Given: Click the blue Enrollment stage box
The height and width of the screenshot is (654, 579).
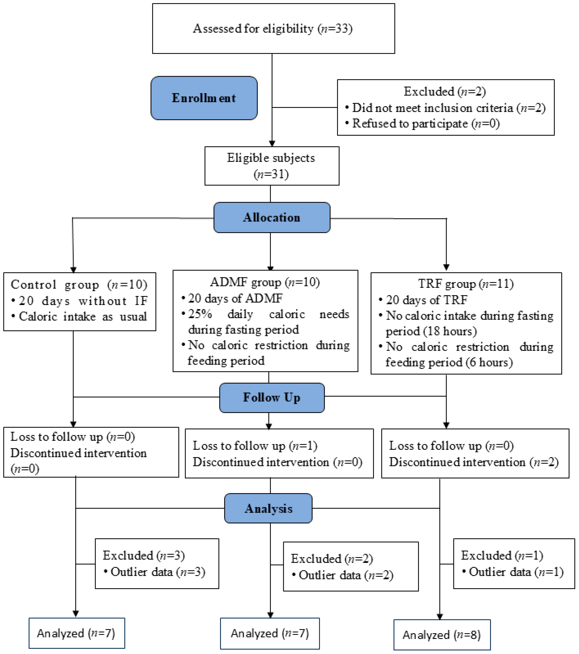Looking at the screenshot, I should (x=204, y=98).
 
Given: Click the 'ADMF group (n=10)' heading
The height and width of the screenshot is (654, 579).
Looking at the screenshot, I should (x=265, y=282).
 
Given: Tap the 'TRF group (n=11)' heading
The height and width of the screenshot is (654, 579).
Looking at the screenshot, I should (x=466, y=283).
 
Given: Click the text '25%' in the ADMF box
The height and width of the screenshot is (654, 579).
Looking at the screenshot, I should (x=200, y=314).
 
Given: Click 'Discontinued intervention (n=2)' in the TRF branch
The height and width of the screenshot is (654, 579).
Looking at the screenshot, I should (x=474, y=462).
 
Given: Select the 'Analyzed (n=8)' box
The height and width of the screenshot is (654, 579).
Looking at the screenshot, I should (x=442, y=635).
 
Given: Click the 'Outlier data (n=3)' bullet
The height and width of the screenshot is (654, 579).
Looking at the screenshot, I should (x=157, y=572).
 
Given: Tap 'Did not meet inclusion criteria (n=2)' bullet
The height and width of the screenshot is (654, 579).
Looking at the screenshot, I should (x=449, y=108).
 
